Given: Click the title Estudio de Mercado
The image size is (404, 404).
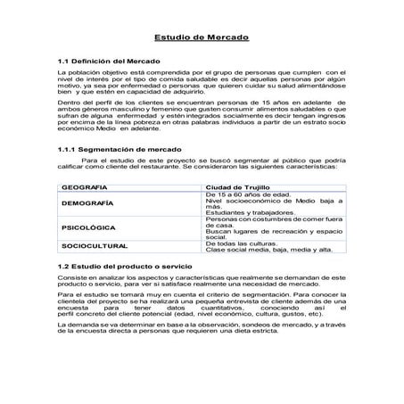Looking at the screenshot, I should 202,39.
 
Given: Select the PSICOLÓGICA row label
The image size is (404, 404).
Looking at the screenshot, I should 90,228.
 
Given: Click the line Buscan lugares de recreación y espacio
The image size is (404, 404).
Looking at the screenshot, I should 274,232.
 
